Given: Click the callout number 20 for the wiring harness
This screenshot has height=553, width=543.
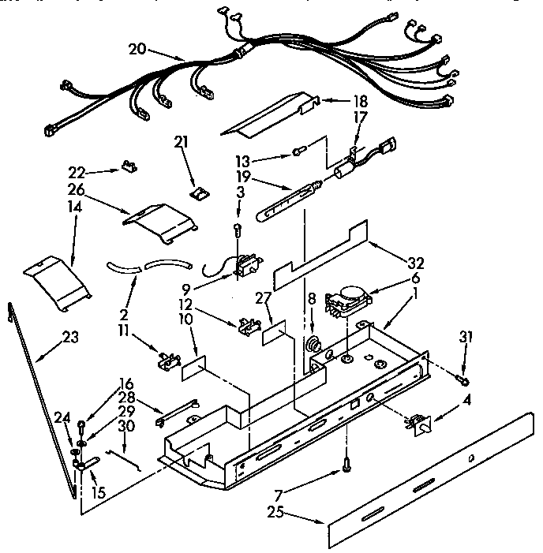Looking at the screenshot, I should (x=138, y=48).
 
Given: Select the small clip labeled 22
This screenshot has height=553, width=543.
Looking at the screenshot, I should (x=127, y=167).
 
